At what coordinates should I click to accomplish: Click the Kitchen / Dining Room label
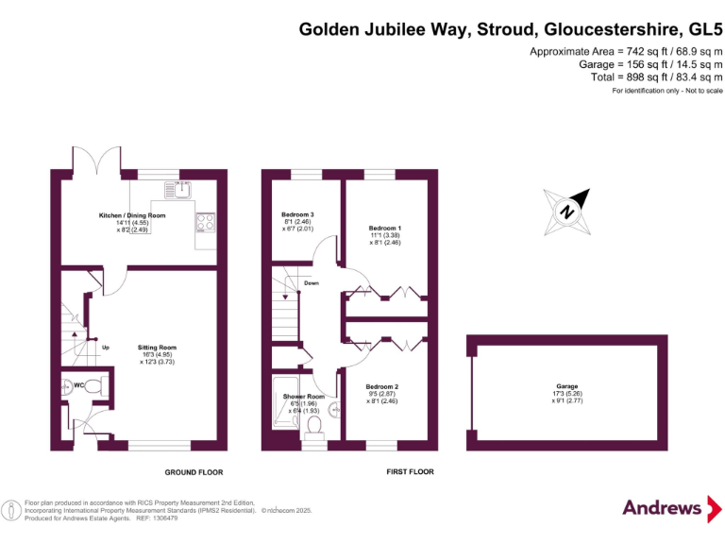click(x=132, y=215)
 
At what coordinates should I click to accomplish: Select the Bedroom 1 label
click(x=385, y=229)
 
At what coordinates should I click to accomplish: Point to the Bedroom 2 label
click(x=382, y=387)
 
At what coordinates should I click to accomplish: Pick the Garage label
click(x=566, y=386)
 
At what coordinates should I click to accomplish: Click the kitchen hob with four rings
click(x=205, y=223)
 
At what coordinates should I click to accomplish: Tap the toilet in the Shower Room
click(x=314, y=426)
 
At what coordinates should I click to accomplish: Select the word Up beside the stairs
click(x=106, y=348)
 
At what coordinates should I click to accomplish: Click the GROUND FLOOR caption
click(x=194, y=472)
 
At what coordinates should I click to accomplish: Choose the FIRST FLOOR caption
click(x=411, y=471)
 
